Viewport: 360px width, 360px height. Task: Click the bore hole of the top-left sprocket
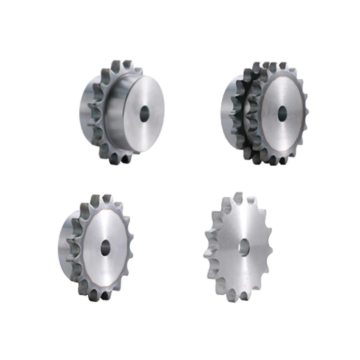[x=144, y=114]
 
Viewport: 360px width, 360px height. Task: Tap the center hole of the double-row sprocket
[x=282, y=113]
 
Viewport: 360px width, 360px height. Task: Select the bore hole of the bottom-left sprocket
[x=106, y=248]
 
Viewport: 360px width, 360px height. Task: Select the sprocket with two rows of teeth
[x=266, y=113]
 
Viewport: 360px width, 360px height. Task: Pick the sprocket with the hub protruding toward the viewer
[x=122, y=113]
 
